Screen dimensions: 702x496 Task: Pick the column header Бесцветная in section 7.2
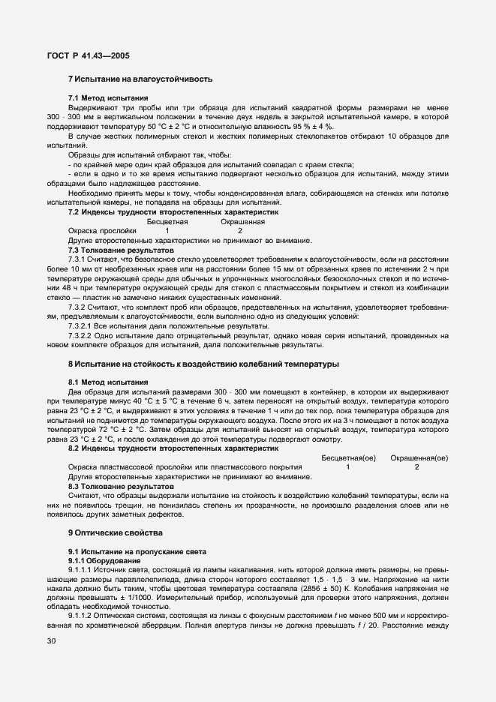tap(167, 222)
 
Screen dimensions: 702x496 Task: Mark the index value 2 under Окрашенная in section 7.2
tap(240, 231)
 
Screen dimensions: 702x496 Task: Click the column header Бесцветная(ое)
tap(348, 457)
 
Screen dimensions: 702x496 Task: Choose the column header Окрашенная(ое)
tap(420, 457)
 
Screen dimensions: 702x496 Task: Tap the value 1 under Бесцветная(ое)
tap(347, 467)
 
